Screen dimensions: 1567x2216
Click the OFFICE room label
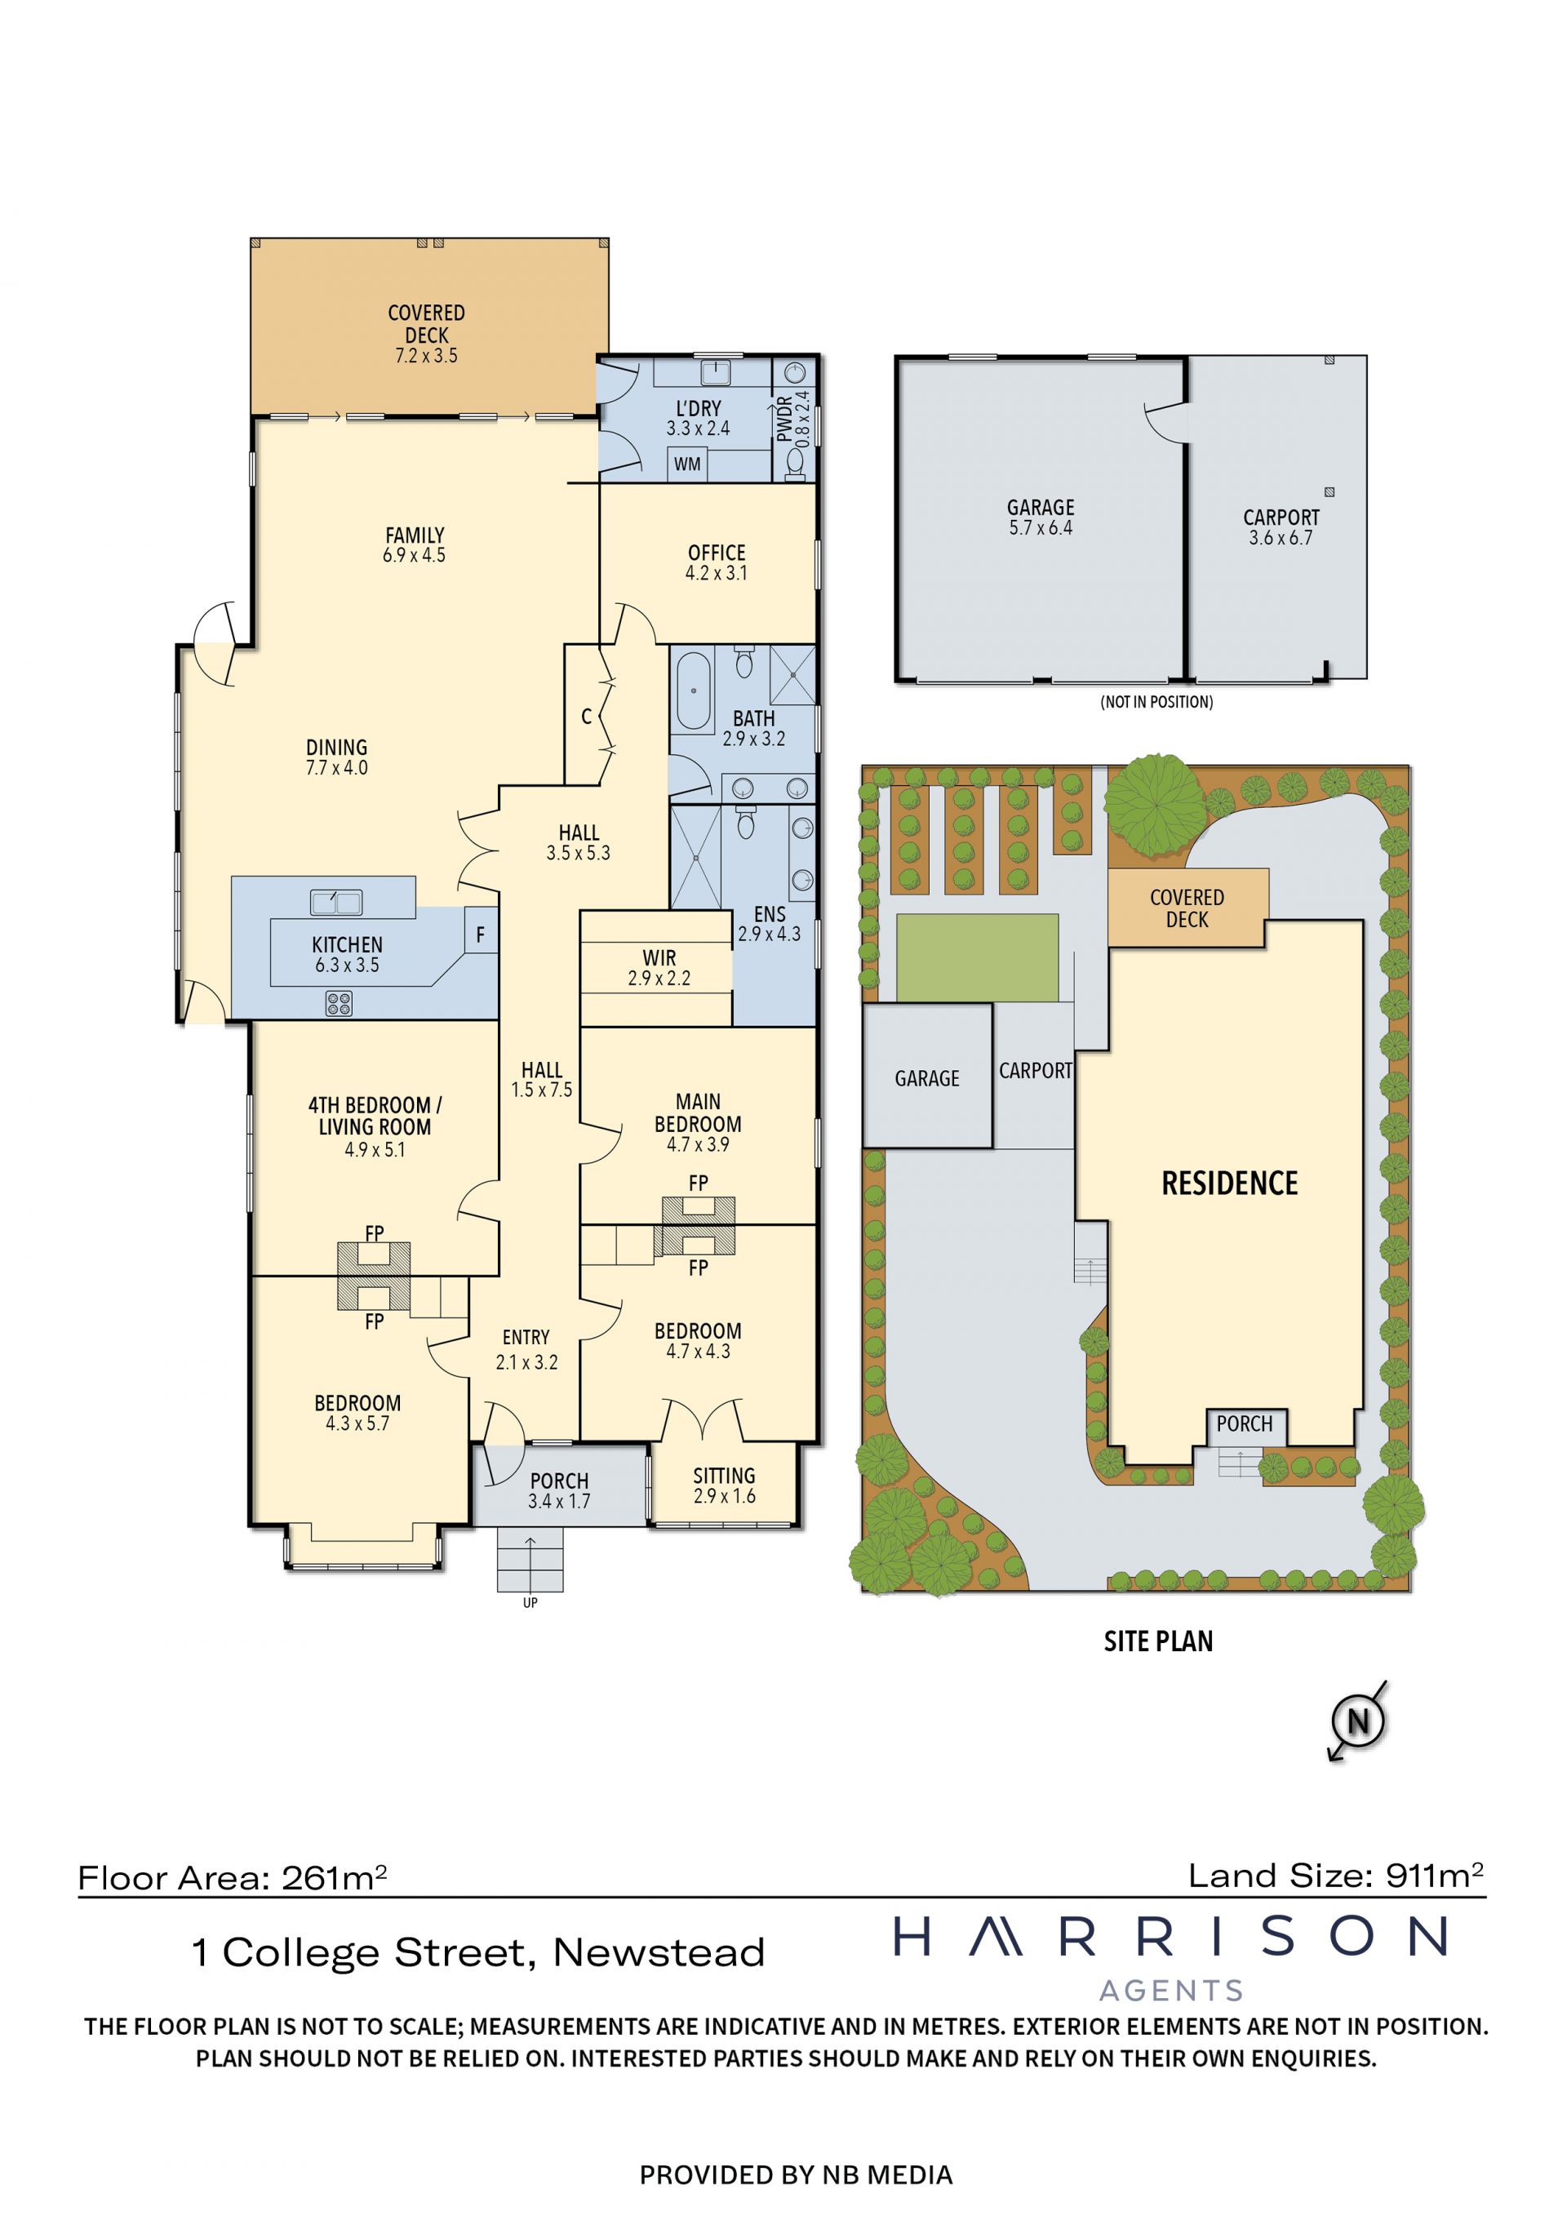[x=716, y=553]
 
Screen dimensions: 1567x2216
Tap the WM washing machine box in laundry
[x=687, y=464]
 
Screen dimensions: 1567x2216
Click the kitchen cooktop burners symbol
[x=339, y=1005]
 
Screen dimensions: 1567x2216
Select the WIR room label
[x=659, y=958]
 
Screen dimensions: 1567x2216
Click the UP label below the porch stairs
[x=530, y=1603]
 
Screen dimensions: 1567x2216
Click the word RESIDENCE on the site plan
[x=1229, y=1183]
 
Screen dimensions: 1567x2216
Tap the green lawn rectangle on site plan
[x=978, y=957]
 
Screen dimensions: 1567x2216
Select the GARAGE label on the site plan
[x=927, y=1078]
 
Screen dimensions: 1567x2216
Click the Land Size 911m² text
[x=1336, y=1876]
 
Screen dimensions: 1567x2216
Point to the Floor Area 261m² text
[x=233, y=1878]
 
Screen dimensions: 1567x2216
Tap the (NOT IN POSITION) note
[x=1157, y=702]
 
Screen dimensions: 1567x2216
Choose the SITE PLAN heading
[x=1158, y=1641]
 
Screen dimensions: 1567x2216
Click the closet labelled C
[x=587, y=716]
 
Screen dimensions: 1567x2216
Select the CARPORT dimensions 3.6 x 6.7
[x=1281, y=538]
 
